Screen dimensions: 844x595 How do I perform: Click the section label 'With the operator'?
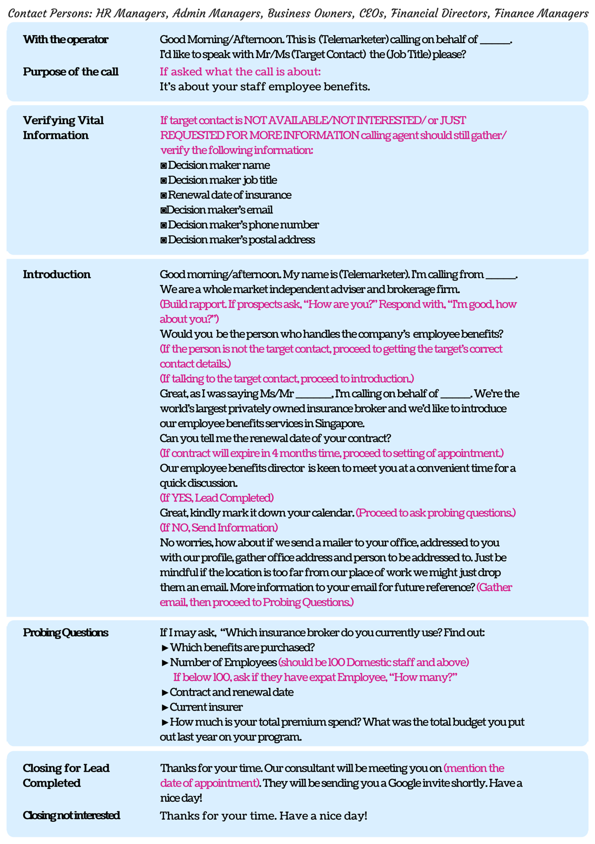coord(65,40)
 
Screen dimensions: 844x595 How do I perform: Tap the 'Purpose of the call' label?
coord(70,72)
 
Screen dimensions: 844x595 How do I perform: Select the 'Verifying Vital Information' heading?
coord(63,128)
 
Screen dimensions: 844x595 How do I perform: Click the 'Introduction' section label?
coord(57,275)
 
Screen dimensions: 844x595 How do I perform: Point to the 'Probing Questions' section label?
coord(65,633)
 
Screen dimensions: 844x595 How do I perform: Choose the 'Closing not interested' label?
coord(71,815)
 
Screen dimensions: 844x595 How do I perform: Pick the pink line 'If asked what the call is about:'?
coord(240,72)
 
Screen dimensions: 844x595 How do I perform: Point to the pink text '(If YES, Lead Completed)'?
coord(217,498)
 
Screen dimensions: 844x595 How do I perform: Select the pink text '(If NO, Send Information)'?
coord(219,528)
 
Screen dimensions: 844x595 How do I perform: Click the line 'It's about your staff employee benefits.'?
coord(265,87)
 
